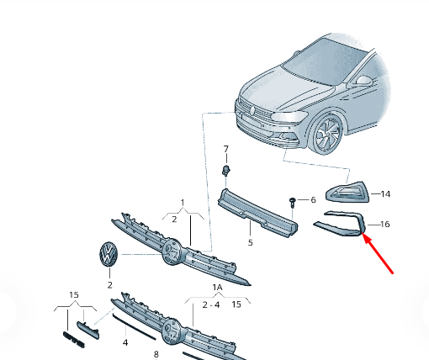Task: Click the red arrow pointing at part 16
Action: (x=378, y=253)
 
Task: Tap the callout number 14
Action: (x=385, y=194)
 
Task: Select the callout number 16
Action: (x=385, y=225)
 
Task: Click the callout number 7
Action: (x=226, y=149)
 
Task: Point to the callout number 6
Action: (x=313, y=200)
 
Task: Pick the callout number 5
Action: (x=251, y=242)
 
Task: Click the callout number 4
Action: (x=125, y=342)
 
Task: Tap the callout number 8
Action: (x=156, y=354)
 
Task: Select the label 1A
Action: (x=217, y=288)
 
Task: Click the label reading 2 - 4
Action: (x=211, y=304)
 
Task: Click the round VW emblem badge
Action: (x=109, y=254)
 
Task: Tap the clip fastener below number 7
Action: (x=226, y=170)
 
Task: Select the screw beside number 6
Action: (x=293, y=203)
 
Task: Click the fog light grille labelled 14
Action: (x=347, y=192)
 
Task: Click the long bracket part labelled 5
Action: (x=257, y=214)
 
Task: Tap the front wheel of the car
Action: (x=327, y=134)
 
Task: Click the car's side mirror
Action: (x=363, y=81)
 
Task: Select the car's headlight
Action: (x=290, y=116)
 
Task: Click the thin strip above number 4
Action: (x=134, y=327)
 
